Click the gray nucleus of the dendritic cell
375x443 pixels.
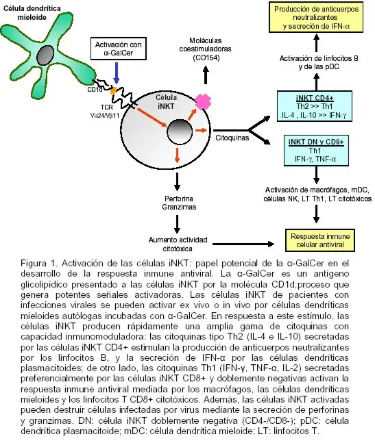click(x=45, y=55)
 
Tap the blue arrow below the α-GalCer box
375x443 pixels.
click(x=117, y=73)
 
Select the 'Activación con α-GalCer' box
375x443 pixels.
click(x=119, y=49)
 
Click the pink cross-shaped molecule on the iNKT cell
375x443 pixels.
click(x=203, y=102)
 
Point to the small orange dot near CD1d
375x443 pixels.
click(x=113, y=90)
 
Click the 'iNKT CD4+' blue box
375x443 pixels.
click(x=315, y=107)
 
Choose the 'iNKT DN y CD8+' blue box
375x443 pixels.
click(x=316, y=151)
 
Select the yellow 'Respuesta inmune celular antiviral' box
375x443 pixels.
click(x=320, y=240)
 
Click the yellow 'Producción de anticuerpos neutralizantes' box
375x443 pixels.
click(x=316, y=17)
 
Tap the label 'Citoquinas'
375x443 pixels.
click(x=232, y=138)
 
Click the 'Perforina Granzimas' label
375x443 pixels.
click(x=179, y=203)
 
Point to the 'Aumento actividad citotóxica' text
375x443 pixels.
click(x=178, y=244)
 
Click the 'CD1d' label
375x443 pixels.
click(x=95, y=90)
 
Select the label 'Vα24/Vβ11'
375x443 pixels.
click(x=105, y=116)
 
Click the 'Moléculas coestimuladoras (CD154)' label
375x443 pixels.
click(x=205, y=49)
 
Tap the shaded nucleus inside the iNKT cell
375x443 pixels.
click(x=180, y=131)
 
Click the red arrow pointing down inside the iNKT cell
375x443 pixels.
click(x=177, y=155)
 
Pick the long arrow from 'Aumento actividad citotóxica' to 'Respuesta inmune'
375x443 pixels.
click(x=243, y=244)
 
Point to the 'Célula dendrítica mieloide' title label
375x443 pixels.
click(x=32, y=13)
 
